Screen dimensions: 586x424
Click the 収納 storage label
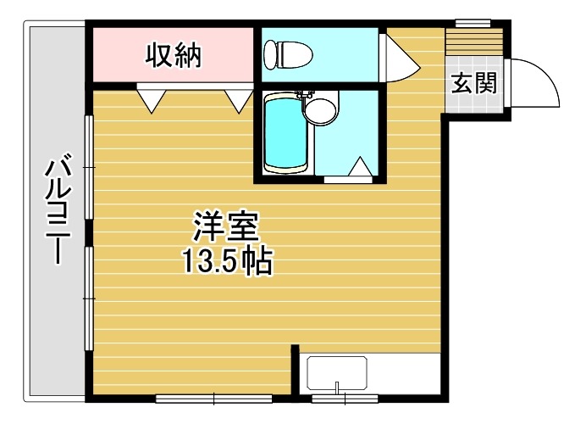coord(174,56)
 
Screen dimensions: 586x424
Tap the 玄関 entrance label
coord(474,83)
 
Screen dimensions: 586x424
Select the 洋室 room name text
coord(226,226)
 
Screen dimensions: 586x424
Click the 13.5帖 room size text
coord(227,261)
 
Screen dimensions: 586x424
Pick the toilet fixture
coord(288,55)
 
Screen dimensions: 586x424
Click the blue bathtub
coord(285,134)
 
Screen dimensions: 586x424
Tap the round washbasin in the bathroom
coord(320,109)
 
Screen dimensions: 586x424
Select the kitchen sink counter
coord(337,373)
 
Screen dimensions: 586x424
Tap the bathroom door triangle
coord(360,166)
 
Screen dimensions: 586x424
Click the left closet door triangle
coord(152,100)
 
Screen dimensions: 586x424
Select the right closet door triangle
coord(239,100)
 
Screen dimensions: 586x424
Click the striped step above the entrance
coord(474,42)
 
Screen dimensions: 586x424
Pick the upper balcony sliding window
coord(89,167)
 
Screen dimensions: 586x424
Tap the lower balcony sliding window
coord(89,298)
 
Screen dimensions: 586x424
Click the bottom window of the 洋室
coord(213,399)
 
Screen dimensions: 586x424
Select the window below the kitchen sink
coord(345,399)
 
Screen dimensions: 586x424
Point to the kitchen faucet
coord(337,388)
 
